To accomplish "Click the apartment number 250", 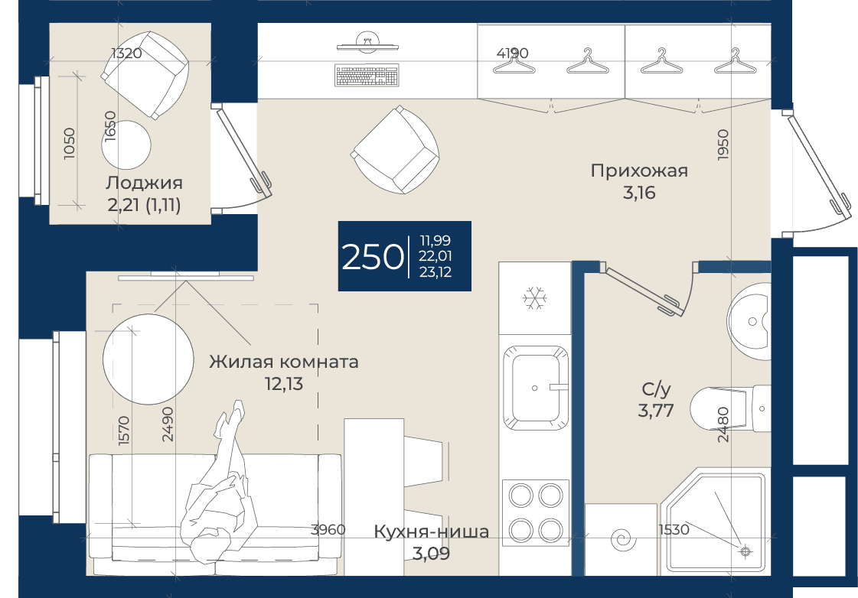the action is tap(372, 256).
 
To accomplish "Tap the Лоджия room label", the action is tap(144, 183).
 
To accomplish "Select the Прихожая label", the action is tap(639, 171).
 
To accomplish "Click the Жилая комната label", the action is tap(283, 361).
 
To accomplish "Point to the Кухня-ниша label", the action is tap(431, 531).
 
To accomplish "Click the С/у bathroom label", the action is tap(656, 389).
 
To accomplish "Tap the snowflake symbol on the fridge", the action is tap(533, 298).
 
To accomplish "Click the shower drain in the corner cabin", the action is tap(745, 551).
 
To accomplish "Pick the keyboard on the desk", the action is tap(366, 76).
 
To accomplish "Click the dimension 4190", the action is tap(512, 53).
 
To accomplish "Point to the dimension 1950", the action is tap(723, 145).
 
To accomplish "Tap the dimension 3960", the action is tap(328, 529).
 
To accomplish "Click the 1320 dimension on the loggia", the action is tap(126, 53).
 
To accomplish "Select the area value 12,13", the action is tap(284, 384).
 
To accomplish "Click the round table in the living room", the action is tap(148, 359).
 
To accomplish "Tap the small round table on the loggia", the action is tap(126, 145).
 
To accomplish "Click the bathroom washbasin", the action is tap(749, 322).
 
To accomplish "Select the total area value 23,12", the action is tap(436, 271).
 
